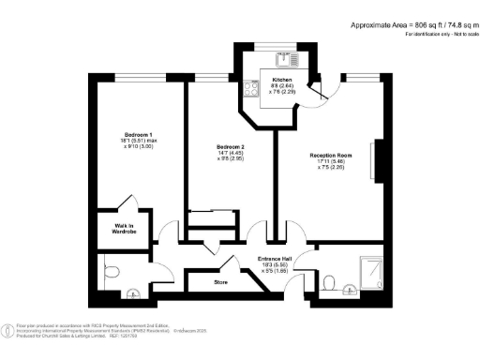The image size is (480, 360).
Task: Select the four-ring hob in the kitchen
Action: click(251, 90)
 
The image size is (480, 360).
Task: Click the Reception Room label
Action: click(331, 155)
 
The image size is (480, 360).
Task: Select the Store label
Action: click(222, 280)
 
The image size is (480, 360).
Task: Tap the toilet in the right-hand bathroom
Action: click(328, 280)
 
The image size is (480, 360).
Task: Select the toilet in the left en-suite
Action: click(111, 272)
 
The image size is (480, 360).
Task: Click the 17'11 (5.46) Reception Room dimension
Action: click(331, 162)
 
